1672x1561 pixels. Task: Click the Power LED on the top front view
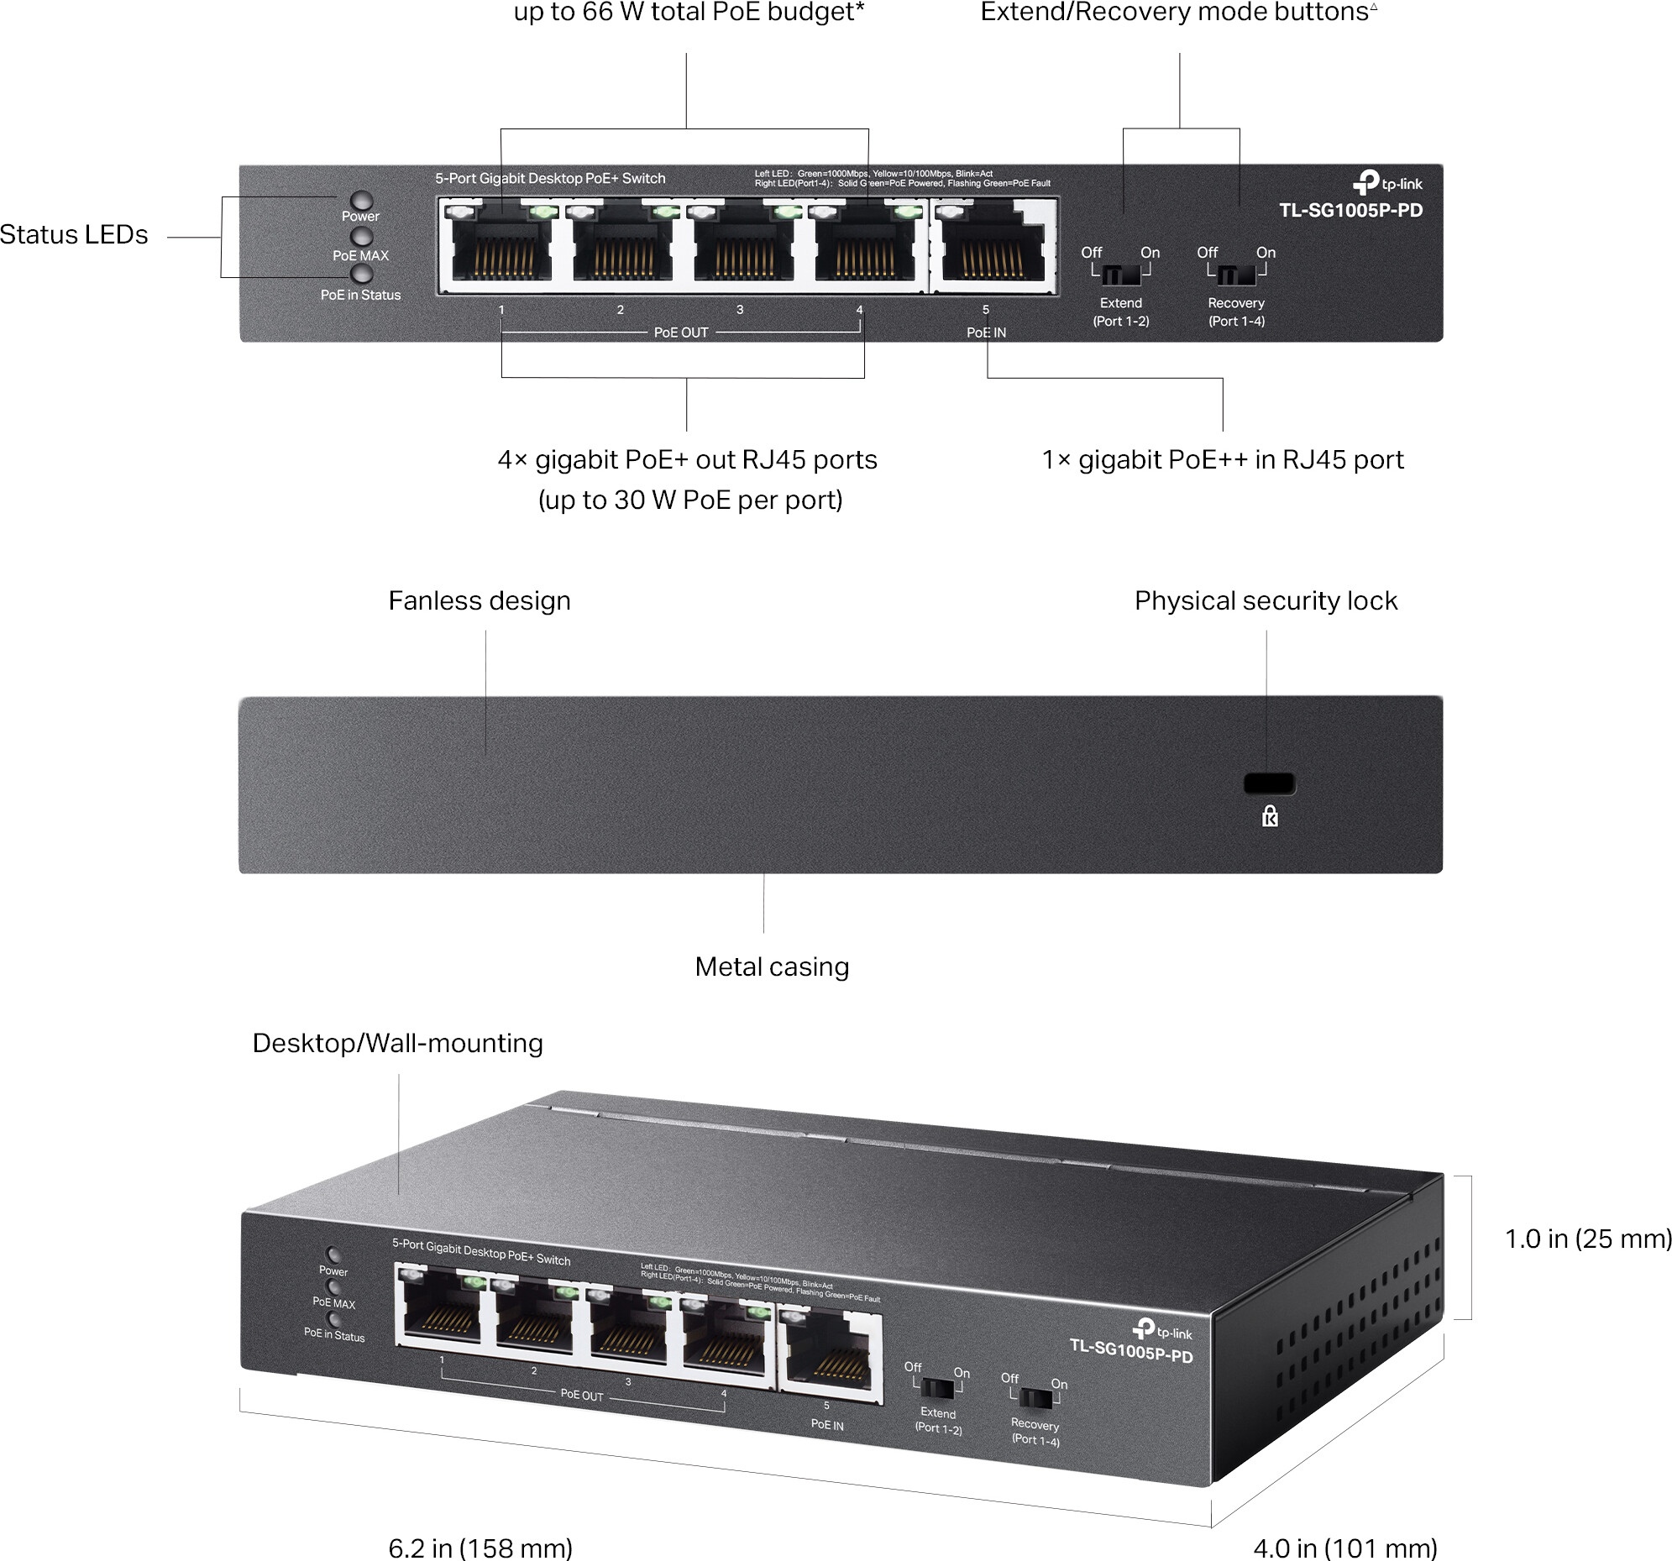[362, 200]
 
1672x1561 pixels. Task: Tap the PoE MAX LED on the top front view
[362, 237]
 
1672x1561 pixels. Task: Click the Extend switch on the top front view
[1120, 275]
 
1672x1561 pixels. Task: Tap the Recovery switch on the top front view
[1236, 275]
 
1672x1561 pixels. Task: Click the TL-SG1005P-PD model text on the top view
[1350, 210]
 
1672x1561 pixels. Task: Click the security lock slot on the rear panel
[1268, 783]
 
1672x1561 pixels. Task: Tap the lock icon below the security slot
[1270, 816]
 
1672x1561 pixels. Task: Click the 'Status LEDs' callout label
[74, 234]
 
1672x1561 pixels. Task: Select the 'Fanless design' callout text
[480, 600]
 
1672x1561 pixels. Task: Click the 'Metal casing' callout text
[771, 966]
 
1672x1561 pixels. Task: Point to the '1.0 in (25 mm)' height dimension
[1586, 1238]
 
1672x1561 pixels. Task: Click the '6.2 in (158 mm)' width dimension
[480, 1546]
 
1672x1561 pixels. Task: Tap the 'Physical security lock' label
[1265, 600]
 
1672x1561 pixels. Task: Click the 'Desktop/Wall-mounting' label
[398, 1043]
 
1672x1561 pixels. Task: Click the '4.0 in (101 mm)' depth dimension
[1344, 1546]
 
